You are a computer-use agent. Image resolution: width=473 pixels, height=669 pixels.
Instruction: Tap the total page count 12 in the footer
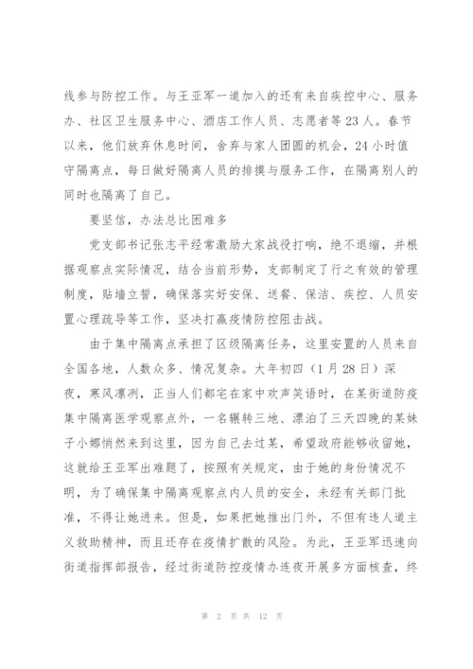[251, 645]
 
